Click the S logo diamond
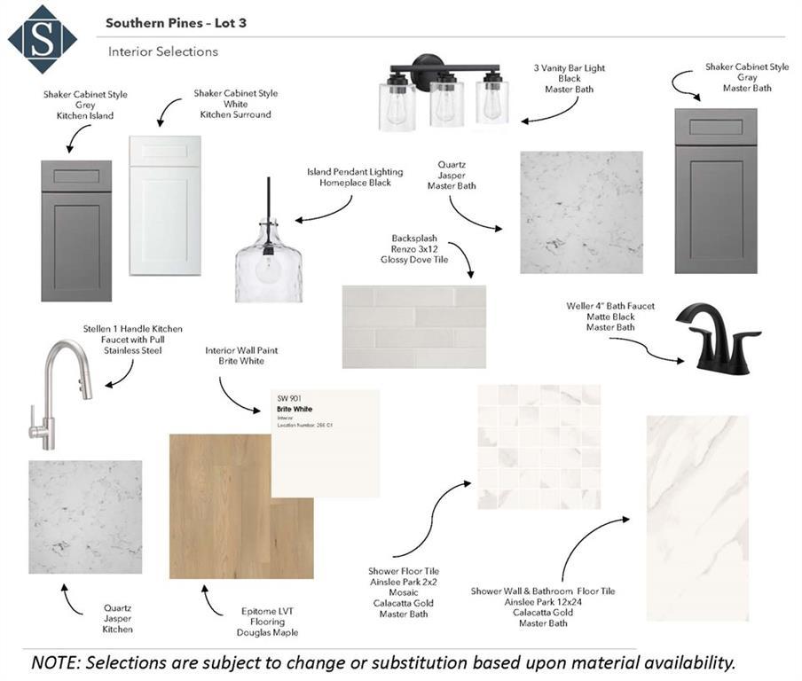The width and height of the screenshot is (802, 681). click(42, 39)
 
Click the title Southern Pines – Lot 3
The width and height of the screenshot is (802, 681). click(176, 22)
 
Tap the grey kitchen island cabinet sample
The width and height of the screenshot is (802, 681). click(76, 231)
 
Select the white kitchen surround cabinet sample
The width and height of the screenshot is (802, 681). click(165, 205)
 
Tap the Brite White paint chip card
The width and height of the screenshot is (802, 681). click(325, 442)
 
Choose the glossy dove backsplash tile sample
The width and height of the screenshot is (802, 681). click(413, 326)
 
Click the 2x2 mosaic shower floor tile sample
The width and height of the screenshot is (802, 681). click(539, 446)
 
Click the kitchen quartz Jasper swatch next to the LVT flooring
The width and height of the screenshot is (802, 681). click(85, 517)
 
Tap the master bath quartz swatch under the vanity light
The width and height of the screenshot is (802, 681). click(581, 212)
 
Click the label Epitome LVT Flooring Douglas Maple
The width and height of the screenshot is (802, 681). click(267, 621)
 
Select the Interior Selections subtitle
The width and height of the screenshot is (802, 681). click(163, 51)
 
